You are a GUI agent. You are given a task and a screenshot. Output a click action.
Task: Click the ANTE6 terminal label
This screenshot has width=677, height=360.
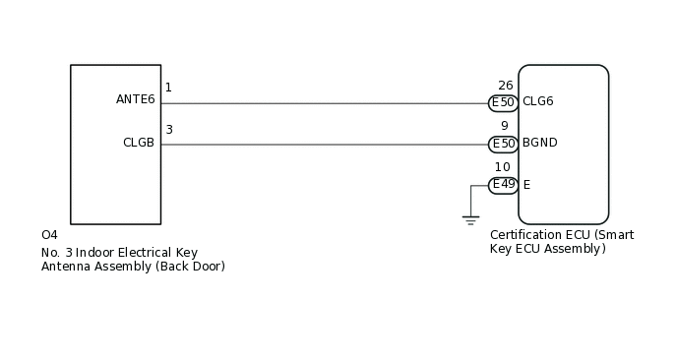pyautogui.click(x=136, y=99)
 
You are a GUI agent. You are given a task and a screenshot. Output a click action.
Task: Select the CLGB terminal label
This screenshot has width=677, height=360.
pyautogui.click(x=139, y=143)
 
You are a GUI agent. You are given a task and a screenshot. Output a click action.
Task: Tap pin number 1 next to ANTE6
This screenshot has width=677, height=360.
pyautogui.click(x=168, y=88)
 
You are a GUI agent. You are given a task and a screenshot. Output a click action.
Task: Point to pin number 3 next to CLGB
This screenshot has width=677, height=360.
pyautogui.click(x=169, y=130)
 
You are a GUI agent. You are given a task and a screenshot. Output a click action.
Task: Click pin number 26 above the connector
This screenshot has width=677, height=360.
pyautogui.click(x=505, y=86)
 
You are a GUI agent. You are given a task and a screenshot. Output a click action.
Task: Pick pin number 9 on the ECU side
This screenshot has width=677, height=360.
pyautogui.click(x=505, y=126)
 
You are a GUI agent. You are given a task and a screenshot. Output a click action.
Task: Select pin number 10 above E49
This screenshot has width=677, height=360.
pyautogui.click(x=503, y=167)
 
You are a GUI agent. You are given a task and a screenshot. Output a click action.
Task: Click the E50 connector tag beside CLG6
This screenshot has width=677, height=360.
pyautogui.click(x=503, y=102)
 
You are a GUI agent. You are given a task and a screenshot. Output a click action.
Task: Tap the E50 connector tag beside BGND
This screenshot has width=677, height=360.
pyautogui.click(x=503, y=144)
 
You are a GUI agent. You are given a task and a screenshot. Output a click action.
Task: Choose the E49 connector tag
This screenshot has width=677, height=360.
pyautogui.click(x=503, y=185)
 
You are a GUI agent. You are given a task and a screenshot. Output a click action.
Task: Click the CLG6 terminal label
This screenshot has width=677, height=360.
pyautogui.click(x=538, y=101)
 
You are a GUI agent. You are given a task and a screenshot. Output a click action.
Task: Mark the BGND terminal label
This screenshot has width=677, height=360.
pyautogui.click(x=540, y=143)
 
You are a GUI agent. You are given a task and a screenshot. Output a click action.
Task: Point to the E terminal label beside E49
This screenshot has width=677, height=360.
pyautogui.click(x=526, y=185)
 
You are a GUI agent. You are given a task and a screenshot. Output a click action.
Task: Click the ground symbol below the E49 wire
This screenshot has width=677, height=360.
pyautogui.click(x=470, y=219)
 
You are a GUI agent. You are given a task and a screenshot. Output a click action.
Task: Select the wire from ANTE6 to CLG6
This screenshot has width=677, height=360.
pyautogui.click(x=325, y=102)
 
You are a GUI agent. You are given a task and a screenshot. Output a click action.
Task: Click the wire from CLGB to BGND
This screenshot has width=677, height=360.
pyautogui.click(x=325, y=145)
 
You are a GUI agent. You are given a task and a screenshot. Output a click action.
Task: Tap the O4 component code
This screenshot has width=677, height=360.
pyautogui.click(x=49, y=235)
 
